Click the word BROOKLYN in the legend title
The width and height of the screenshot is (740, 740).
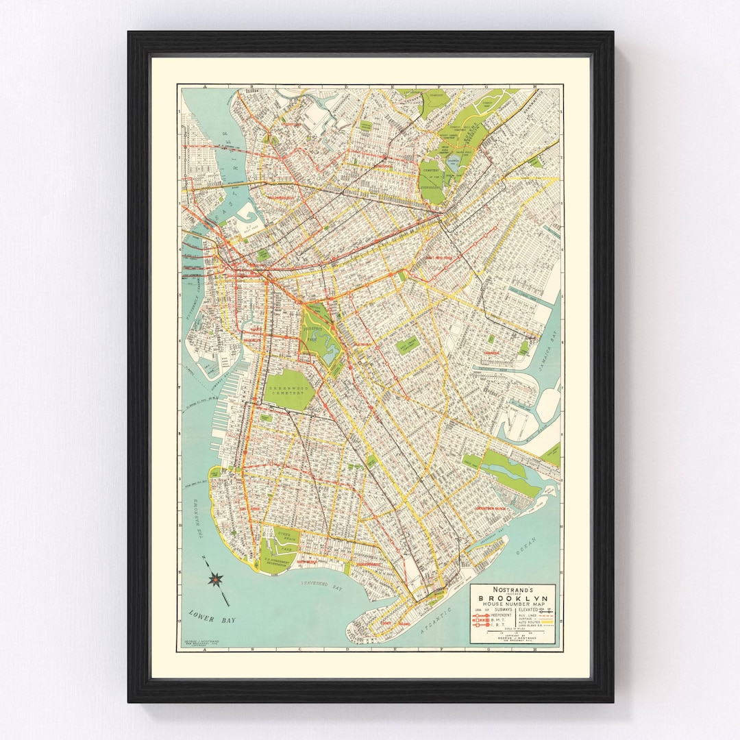click(x=514, y=596)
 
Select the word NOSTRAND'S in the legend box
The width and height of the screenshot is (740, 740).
click(x=514, y=588)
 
